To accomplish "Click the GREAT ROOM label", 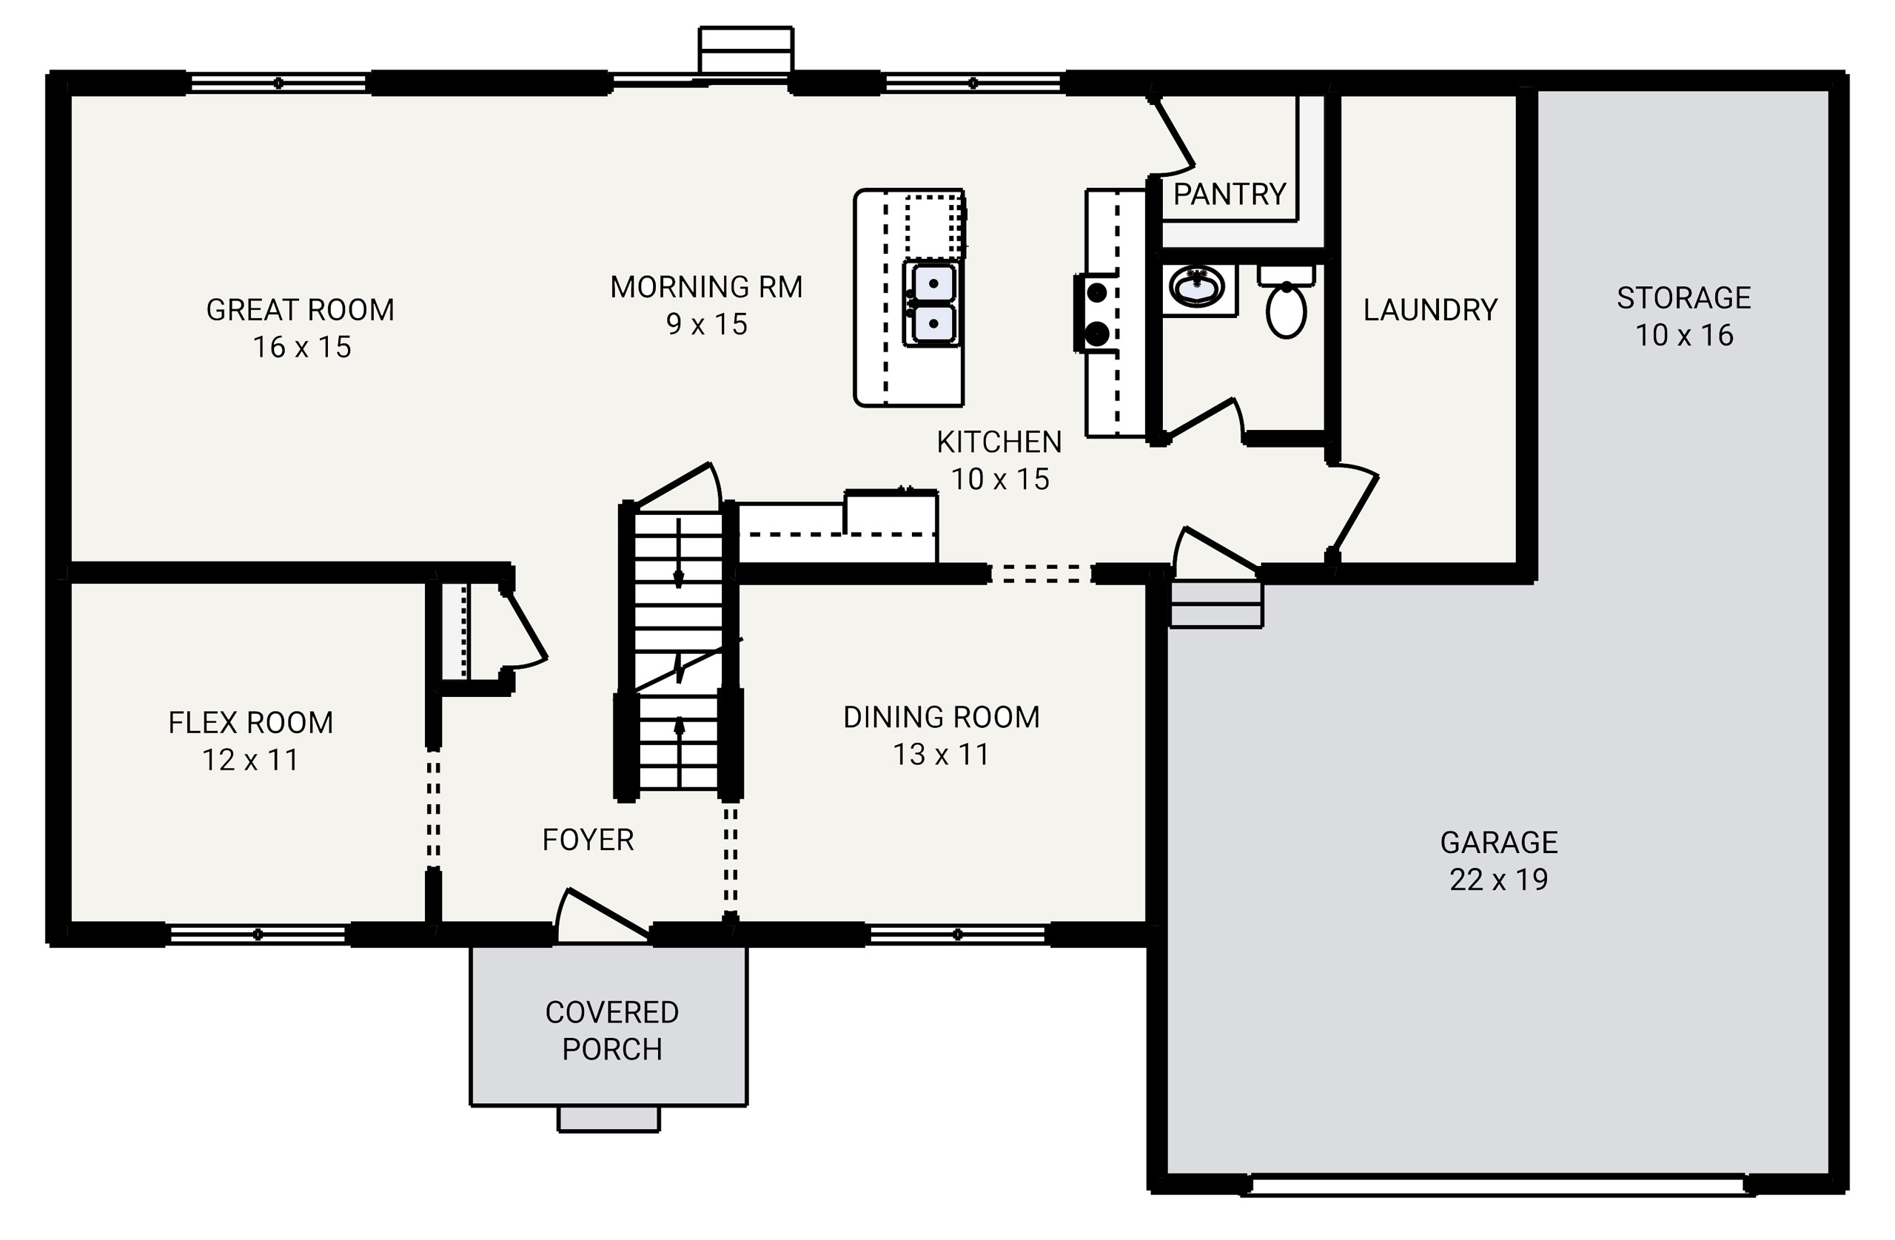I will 301,309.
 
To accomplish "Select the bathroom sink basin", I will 1196,287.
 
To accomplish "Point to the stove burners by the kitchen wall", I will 1097,313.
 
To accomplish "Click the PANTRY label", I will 1230,194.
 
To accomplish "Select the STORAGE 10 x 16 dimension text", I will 1683,335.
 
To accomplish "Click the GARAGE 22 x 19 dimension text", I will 1497,880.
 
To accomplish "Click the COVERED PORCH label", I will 611,1031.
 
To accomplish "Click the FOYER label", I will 588,840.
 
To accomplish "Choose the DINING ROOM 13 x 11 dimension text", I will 940,755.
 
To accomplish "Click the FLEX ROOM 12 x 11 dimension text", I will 250,760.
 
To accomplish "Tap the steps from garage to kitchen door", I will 1215,605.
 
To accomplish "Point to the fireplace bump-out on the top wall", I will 745,51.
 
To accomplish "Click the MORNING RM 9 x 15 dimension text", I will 706,324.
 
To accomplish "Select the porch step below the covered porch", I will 608,1119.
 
